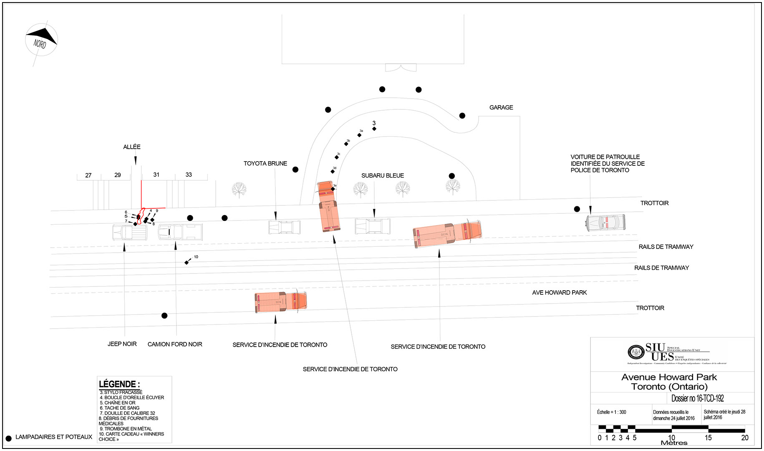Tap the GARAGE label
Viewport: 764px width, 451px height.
(x=501, y=108)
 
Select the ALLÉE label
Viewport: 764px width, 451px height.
(x=132, y=147)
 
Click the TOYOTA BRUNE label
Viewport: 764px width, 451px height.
(x=265, y=164)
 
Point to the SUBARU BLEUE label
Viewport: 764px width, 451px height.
(x=383, y=176)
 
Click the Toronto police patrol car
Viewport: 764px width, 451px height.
(x=605, y=223)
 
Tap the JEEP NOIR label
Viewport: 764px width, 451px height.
(x=122, y=344)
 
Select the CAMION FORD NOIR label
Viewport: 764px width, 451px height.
(x=175, y=345)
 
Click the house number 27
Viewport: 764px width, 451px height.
(x=88, y=175)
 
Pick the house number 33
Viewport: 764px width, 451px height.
(x=189, y=175)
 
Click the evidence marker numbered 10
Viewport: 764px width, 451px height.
(x=187, y=262)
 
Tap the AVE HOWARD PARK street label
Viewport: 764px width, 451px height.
(x=559, y=293)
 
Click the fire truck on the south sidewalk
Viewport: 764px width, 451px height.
(x=281, y=302)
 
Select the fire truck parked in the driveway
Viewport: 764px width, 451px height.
(x=329, y=207)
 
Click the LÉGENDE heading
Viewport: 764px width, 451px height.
(x=119, y=384)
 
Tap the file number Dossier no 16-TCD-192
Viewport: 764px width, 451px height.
(x=697, y=398)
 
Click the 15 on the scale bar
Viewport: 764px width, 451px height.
(x=708, y=438)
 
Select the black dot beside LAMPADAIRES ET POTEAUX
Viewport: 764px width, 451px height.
(x=8, y=438)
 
